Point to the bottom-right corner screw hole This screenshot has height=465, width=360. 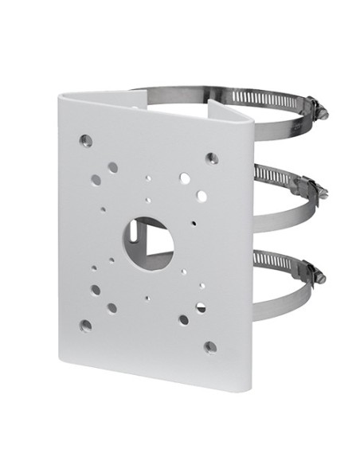tap(210, 347)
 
